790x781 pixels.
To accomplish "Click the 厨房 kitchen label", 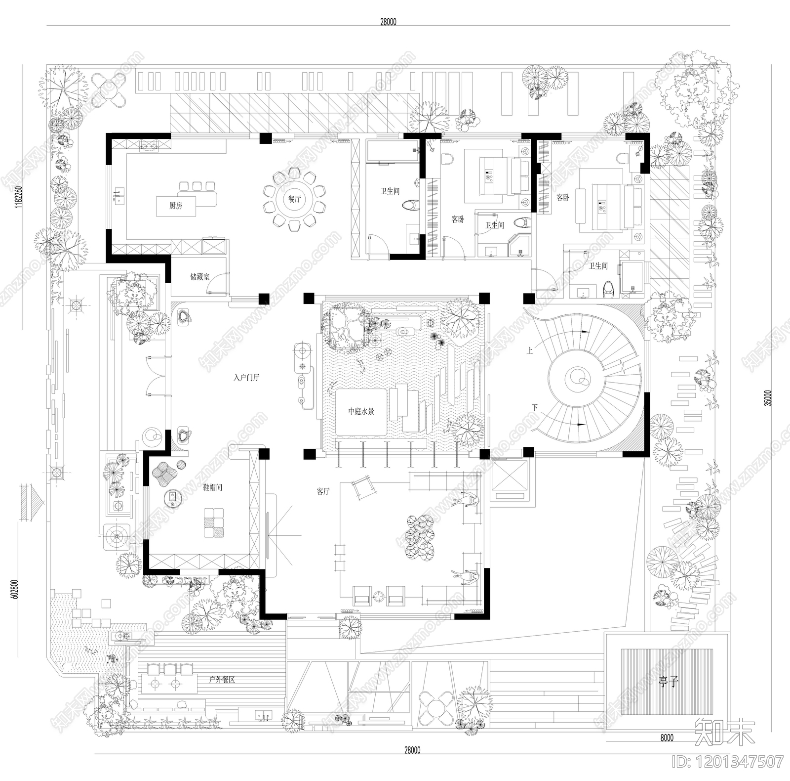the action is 175,206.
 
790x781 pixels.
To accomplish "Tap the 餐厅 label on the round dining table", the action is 294,199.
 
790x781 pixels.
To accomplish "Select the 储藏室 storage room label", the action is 199,277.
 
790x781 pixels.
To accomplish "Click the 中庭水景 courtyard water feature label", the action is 361,411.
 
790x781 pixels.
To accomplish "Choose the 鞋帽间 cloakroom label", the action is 213,487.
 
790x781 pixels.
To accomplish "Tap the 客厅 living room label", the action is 323,491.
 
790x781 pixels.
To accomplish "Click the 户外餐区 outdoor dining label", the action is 222,680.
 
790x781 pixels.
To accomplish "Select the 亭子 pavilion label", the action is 669,683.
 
